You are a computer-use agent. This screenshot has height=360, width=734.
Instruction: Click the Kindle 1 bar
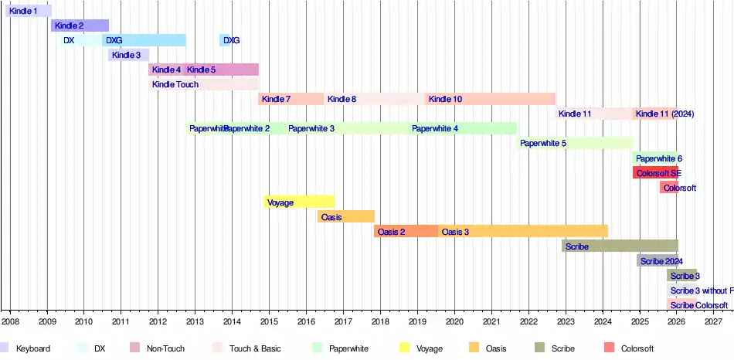click(x=29, y=12)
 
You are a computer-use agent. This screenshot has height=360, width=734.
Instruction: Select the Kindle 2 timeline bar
click(x=80, y=26)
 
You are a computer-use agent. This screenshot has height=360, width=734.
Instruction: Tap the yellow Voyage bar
click(x=298, y=202)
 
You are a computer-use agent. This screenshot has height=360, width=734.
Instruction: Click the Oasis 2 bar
click(x=406, y=232)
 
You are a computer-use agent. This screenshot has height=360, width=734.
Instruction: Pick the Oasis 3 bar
click(x=522, y=232)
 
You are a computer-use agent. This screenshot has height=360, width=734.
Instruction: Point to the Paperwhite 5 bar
click(x=574, y=144)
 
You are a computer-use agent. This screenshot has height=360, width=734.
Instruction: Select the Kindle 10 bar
click(x=490, y=100)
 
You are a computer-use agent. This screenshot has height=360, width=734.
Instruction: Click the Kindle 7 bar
click(x=291, y=100)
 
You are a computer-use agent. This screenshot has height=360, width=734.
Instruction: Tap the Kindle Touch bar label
click(x=175, y=85)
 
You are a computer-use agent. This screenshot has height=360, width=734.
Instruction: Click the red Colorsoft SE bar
click(x=655, y=173)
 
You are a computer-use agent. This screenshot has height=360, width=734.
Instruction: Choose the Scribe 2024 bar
click(x=657, y=261)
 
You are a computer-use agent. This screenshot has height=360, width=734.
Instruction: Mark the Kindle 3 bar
click(x=128, y=56)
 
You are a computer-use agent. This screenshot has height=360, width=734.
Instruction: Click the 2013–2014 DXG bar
click(x=226, y=41)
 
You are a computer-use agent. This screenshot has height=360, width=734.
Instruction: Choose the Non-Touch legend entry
click(x=165, y=349)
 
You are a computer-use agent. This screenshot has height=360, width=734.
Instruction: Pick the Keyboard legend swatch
click(x=5, y=348)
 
